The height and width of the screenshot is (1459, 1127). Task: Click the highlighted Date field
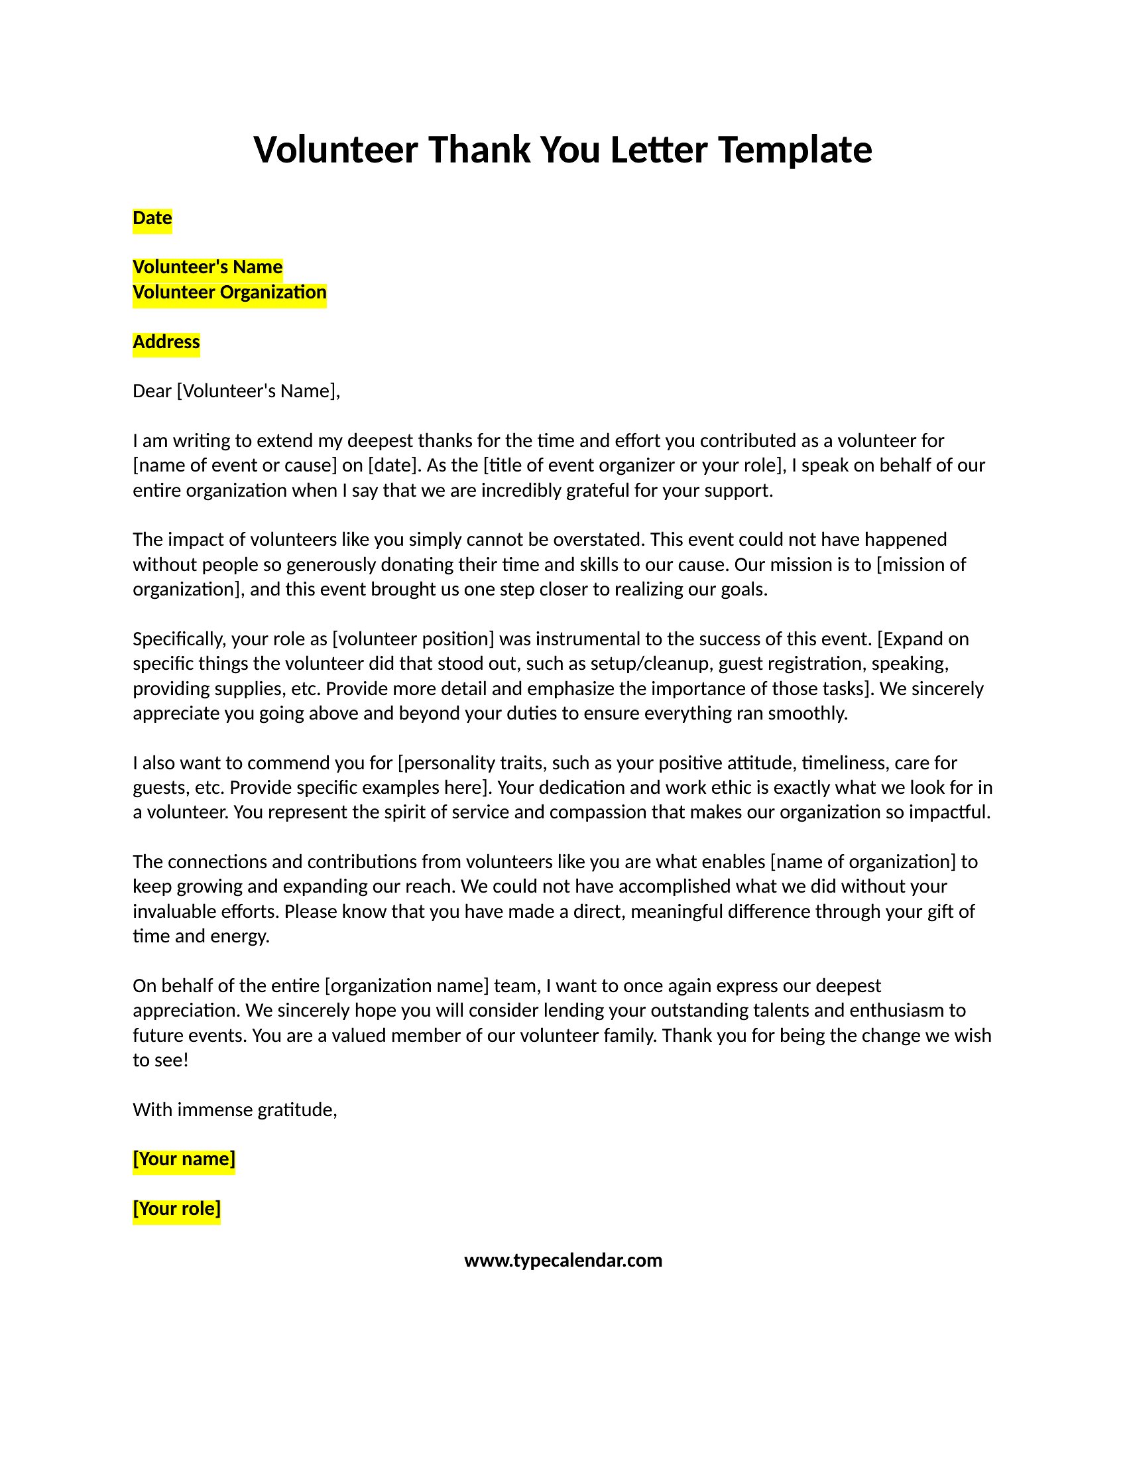152,218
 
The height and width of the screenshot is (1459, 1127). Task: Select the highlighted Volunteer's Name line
208,267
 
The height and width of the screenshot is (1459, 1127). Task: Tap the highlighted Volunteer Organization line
229,292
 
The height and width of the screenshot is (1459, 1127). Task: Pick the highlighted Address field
166,342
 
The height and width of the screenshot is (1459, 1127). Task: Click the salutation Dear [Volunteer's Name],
237,391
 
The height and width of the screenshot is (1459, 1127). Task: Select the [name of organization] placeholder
862,861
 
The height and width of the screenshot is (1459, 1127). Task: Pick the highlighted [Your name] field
184,1159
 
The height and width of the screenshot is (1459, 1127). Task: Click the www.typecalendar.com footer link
563,1261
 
